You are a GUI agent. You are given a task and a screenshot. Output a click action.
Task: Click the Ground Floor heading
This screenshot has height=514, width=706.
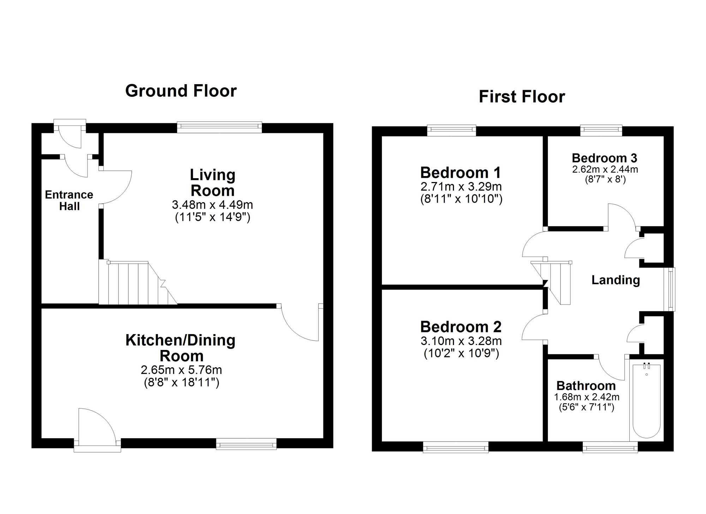181,91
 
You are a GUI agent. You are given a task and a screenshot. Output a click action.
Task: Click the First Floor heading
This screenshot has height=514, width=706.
522,97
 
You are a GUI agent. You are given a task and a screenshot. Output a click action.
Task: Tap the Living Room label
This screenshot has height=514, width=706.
213,182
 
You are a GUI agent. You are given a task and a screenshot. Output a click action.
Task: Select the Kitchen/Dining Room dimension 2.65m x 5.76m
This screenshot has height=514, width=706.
181,370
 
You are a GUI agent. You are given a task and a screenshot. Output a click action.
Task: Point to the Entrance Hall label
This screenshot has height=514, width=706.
69,200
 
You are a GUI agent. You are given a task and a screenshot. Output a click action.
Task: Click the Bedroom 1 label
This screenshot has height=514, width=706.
461,173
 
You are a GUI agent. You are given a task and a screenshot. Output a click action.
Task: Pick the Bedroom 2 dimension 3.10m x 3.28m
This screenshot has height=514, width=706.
461,341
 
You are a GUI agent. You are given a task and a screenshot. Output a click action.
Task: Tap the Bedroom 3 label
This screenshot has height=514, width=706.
605,158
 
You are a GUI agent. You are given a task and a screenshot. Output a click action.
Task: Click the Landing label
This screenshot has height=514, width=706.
616,280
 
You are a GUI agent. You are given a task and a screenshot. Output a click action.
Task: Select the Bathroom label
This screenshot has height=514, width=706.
586,385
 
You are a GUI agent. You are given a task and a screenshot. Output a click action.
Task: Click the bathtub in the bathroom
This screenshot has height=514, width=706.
646,400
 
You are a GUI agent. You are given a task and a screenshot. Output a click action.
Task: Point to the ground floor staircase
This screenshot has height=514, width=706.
138,283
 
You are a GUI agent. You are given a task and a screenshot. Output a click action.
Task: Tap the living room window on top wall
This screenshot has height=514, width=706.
220,127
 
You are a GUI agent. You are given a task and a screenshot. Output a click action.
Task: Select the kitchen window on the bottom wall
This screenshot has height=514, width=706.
246,444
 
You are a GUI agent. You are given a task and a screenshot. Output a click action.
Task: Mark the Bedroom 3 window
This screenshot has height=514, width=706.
602,130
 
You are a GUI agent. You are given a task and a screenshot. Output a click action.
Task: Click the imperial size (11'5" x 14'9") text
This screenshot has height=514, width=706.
213,217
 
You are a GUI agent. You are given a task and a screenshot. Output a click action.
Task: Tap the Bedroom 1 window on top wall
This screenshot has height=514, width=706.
451,130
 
